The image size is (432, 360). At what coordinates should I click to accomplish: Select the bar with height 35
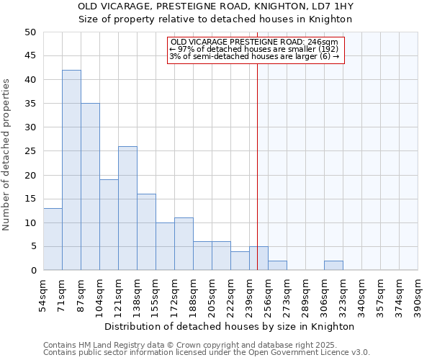(x=90, y=186)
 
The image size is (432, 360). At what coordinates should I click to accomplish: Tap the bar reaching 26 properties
(x=127, y=208)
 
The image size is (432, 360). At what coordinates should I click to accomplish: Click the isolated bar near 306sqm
(x=333, y=266)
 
